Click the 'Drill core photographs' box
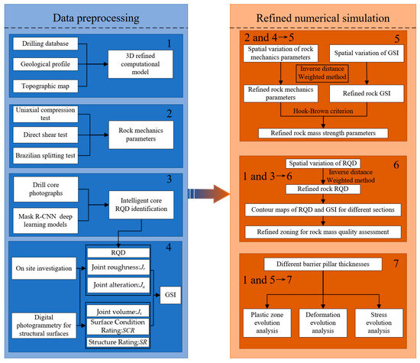(x=47, y=190)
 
